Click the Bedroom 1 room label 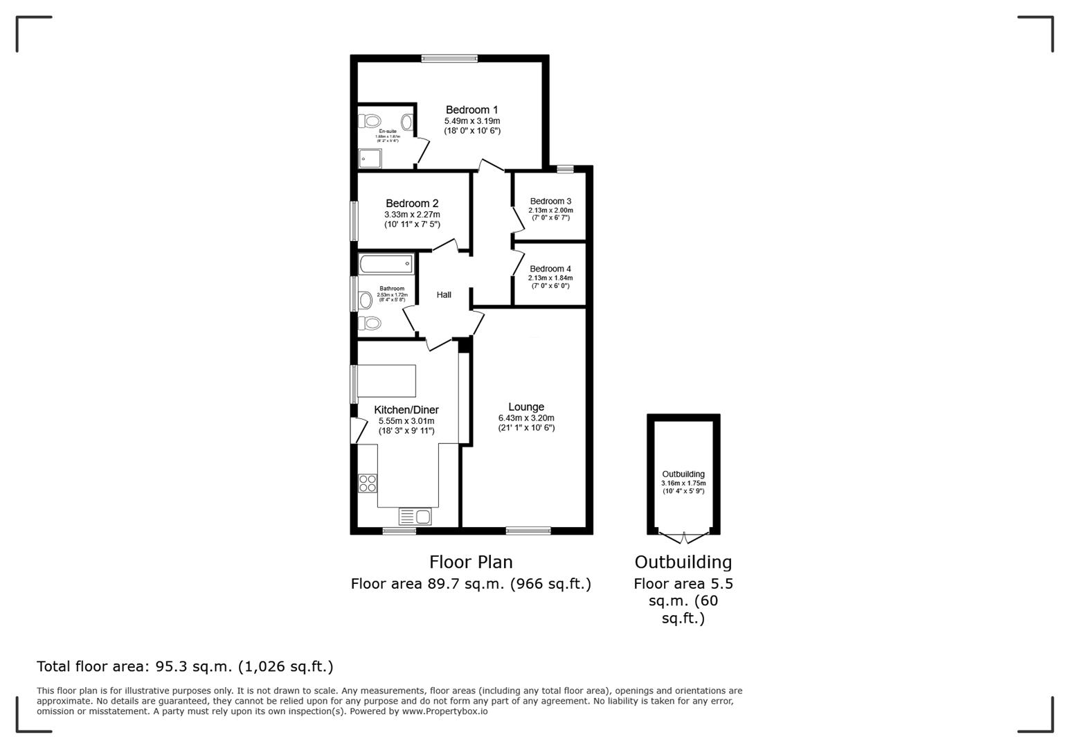471,109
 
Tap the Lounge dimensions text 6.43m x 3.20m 526,418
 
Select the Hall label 444,295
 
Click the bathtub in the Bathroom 386,264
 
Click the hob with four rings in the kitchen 368,483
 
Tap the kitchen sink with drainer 415,516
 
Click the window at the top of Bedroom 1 449,59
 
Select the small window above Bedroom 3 565,168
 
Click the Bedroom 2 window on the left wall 354,221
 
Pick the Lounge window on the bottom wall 528,531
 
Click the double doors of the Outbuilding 683,537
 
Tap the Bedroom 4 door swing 517,262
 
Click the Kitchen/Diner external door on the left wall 357,430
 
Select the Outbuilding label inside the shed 683,474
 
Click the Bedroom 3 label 550,202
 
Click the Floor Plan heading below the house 471,562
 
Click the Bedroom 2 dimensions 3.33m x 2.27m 412,215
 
